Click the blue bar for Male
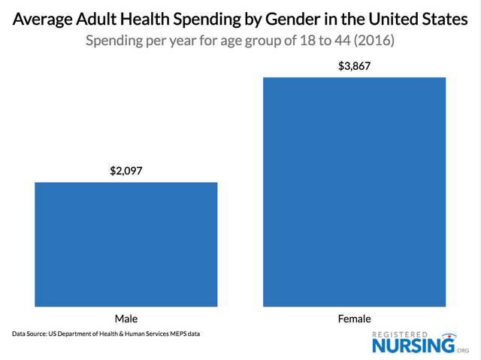click(x=126, y=244)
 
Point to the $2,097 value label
click(x=126, y=171)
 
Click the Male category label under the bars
click(x=126, y=317)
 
